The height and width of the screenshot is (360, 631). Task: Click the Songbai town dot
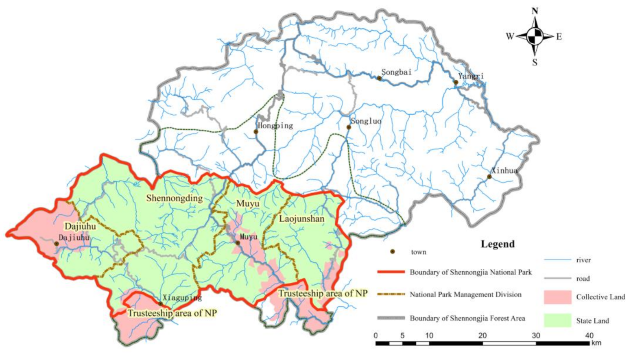(379, 78)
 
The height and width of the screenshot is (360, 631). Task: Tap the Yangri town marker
(456, 83)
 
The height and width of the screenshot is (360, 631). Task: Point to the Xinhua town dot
(489, 177)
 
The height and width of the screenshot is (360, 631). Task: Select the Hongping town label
(275, 126)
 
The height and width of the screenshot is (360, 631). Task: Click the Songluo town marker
(349, 127)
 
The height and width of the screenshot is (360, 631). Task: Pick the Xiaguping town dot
(160, 304)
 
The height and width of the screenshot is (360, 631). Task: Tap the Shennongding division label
(174, 199)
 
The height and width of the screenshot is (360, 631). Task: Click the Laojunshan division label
(301, 219)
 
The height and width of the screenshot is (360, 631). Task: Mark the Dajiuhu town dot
(57, 244)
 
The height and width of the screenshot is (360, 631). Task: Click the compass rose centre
(535, 37)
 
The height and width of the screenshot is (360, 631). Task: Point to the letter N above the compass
(535, 11)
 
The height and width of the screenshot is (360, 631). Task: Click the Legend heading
(498, 244)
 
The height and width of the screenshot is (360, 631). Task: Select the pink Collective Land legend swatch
(557, 297)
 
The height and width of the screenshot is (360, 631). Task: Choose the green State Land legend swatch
(557, 321)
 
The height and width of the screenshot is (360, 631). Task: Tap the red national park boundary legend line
(391, 272)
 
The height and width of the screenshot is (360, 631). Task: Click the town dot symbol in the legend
(393, 252)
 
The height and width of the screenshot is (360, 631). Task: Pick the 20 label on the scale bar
(483, 336)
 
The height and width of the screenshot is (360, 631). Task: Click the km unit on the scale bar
(596, 343)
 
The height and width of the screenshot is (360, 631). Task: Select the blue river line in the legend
(557, 260)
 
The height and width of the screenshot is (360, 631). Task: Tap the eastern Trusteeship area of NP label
(323, 293)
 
